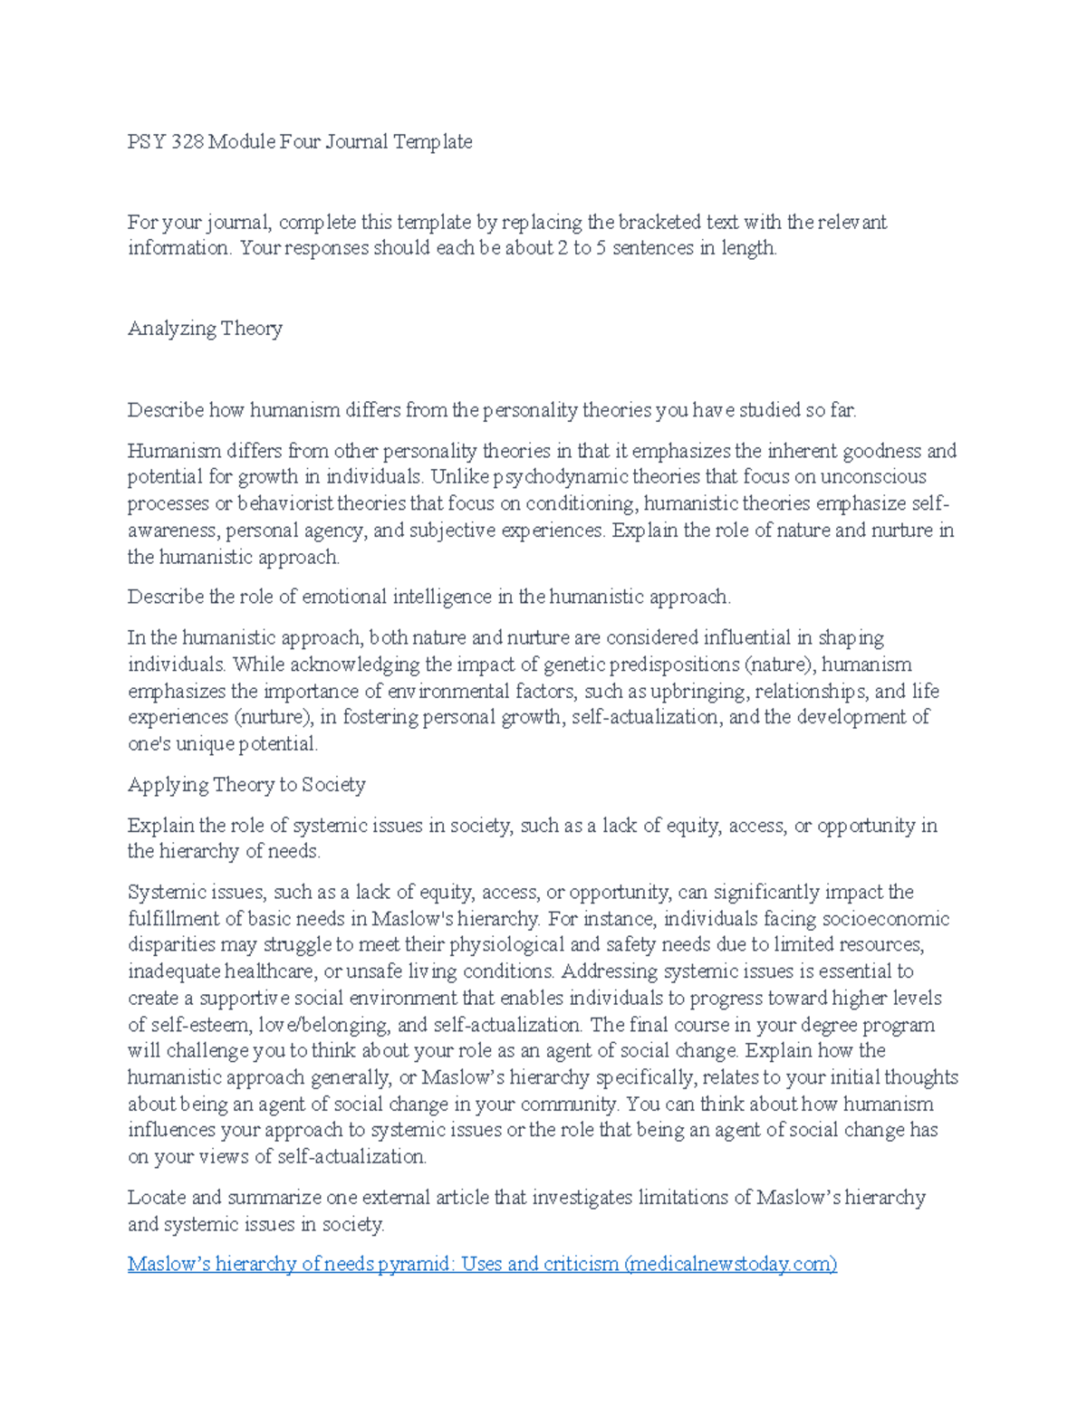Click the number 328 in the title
click(x=188, y=142)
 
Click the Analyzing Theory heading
click(x=205, y=328)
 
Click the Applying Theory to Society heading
click(x=246, y=784)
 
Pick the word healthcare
click(x=266, y=971)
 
